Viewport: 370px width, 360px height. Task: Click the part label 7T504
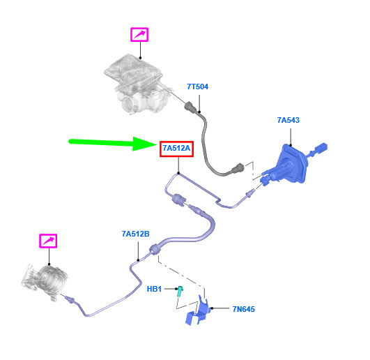197,87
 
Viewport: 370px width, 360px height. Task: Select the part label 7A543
288,120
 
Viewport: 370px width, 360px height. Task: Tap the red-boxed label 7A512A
176,149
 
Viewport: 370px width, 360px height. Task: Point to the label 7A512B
135,234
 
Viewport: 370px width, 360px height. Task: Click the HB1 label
154,289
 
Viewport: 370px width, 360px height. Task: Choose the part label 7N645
243,309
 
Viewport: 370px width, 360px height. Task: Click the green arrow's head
144,144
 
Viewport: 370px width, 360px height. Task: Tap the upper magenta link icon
139,35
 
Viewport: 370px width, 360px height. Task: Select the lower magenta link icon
48,241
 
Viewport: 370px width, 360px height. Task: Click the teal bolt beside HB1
180,291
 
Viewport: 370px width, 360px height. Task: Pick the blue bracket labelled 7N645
198,310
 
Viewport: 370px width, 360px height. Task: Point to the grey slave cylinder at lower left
46,283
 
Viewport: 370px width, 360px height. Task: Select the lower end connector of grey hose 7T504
238,168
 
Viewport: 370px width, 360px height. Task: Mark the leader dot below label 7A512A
178,173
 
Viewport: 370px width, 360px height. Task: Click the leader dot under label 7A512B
138,260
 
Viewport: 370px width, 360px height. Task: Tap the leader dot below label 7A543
291,145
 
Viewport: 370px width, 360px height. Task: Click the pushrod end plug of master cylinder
321,148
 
